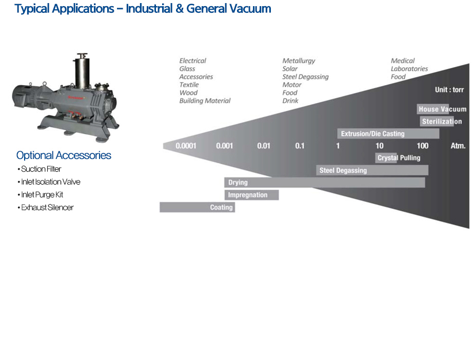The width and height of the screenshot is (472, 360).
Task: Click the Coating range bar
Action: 198,207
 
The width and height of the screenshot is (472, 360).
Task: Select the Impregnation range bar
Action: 251,195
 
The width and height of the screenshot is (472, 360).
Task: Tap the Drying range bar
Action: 324,183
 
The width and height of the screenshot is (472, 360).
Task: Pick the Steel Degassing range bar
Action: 372,170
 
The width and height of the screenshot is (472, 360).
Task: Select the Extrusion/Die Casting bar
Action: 388,134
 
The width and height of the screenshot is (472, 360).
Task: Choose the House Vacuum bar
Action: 442,109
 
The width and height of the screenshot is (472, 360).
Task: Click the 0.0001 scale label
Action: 186,146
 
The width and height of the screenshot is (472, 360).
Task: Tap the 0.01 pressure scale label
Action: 264,146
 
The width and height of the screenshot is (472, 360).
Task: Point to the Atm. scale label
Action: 458,146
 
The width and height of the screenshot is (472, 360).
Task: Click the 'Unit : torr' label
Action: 449,90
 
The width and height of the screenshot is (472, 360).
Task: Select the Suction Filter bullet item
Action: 41,169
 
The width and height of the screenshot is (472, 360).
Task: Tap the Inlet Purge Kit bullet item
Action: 42,195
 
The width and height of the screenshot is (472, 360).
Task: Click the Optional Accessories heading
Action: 64,155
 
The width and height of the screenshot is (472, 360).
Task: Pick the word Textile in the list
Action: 189,85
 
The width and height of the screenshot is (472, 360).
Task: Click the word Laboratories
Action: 409,69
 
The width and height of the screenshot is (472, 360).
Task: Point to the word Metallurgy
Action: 299,61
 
